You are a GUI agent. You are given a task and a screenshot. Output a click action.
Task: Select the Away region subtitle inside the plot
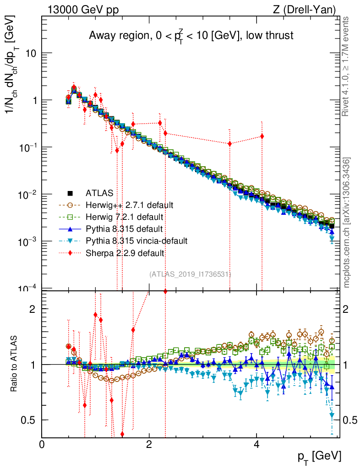click(191, 36)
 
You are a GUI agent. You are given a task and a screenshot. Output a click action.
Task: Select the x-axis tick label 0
click(42, 444)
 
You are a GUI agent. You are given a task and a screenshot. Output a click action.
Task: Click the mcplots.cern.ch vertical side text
click(347, 223)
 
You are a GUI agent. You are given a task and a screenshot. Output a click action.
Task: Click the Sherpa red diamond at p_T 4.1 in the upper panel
click(262, 136)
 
